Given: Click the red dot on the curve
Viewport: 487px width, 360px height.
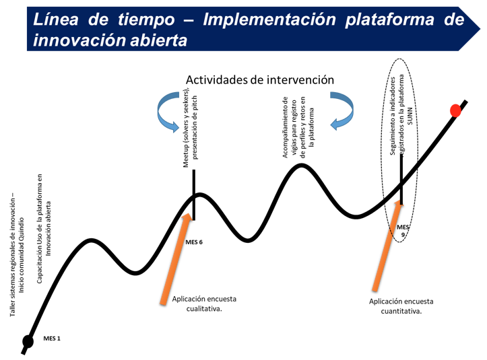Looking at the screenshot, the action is pyautogui.click(x=455, y=111).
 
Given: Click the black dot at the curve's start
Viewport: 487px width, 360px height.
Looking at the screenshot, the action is pyautogui.click(x=28, y=342).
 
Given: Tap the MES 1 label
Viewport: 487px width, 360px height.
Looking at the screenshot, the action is pyautogui.click(x=52, y=338).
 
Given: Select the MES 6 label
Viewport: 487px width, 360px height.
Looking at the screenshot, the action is pyautogui.click(x=194, y=242).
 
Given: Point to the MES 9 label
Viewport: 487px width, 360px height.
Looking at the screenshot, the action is pyautogui.click(x=403, y=231).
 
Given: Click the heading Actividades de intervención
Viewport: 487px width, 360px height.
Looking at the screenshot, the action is pyautogui.click(x=260, y=80).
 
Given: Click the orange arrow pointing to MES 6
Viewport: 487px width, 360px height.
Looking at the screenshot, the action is pyautogui.click(x=176, y=258).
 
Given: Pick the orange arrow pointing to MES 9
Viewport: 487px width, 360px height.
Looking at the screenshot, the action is pyautogui.click(x=387, y=245).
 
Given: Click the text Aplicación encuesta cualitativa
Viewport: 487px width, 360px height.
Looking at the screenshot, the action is pyautogui.click(x=204, y=304).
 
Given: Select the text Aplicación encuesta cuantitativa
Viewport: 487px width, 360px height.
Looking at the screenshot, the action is pyautogui.click(x=401, y=306).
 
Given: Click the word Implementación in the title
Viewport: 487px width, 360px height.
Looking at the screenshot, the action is pyautogui.click(x=269, y=20).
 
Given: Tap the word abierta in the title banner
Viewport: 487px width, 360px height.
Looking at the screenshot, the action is pyautogui.click(x=158, y=40).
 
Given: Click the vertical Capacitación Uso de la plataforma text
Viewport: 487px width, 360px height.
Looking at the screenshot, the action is pyautogui.click(x=44, y=228).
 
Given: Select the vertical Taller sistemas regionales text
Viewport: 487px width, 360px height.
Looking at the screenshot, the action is pyautogui.click(x=17, y=255).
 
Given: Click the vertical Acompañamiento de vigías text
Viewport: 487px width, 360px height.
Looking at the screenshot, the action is pyautogui.click(x=298, y=127).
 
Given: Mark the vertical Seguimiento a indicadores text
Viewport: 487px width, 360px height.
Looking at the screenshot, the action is pyautogui.click(x=401, y=115).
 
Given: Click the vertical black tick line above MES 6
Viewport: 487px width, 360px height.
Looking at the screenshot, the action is pyautogui.click(x=194, y=195).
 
